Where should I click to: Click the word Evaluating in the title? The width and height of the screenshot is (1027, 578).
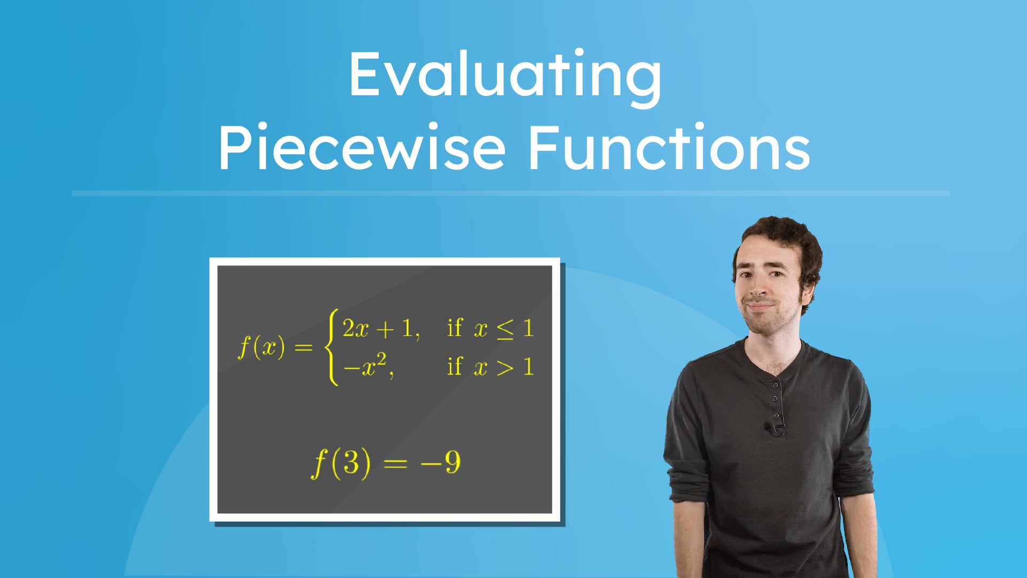505,75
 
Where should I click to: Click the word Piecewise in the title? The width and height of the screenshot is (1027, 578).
362,148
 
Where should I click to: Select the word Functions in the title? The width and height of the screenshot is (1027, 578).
669,148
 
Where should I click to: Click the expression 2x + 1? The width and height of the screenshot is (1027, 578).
380,328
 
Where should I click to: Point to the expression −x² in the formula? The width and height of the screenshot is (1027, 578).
367,366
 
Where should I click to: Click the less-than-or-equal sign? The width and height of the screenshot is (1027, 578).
505,329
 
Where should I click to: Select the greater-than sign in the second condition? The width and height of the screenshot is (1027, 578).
504,368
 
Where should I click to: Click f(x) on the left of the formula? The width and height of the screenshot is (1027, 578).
262,347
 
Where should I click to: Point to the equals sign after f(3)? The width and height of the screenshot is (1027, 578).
395,463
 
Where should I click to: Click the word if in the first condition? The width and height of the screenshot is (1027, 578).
454,328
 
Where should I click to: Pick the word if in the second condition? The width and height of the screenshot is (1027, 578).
454,367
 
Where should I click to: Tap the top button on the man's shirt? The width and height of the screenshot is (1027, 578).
775,385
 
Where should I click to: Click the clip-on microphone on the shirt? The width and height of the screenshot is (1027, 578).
772,428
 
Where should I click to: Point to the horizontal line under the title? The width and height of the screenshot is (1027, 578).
511,193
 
